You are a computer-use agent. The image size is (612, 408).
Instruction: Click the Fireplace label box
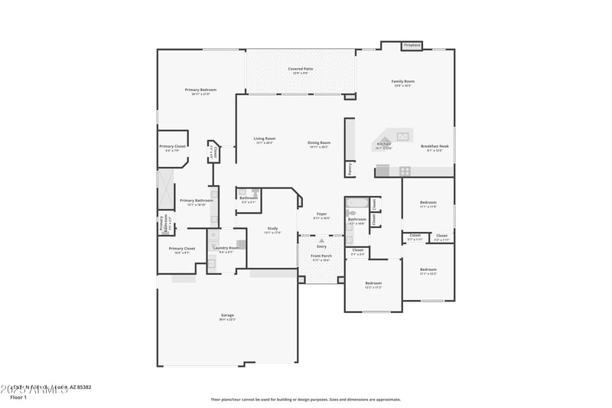(x=412, y=45)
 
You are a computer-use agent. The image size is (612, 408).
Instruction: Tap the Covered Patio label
(x=300, y=69)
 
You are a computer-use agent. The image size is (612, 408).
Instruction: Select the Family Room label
(x=403, y=82)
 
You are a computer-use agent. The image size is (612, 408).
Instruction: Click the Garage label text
(x=227, y=315)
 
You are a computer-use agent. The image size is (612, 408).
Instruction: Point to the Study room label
(x=272, y=229)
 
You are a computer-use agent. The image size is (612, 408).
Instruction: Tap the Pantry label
(x=350, y=169)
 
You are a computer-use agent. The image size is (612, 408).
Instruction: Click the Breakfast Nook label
(x=435, y=147)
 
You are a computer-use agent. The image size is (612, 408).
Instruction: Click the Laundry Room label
(x=226, y=248)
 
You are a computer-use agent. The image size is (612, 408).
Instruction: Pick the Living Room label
(x=264, y=139)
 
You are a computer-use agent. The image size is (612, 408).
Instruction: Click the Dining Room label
(x=319, y=143)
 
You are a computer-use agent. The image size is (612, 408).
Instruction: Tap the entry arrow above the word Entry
(x=321, y=240)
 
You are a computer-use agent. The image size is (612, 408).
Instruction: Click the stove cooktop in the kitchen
(x=405, y=171)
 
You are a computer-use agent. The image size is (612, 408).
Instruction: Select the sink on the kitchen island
(x=402, y=136)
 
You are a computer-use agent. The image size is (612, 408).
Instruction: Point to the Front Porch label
(x=321, y=256)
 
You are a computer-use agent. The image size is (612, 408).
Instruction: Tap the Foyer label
(x=321, y=215)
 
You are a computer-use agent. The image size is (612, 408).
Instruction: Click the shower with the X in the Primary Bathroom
(x=166, y=190)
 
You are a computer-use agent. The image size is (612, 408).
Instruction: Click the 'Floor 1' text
(x=18, y=397)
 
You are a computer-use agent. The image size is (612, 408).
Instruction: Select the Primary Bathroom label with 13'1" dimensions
(x=197, y=201)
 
